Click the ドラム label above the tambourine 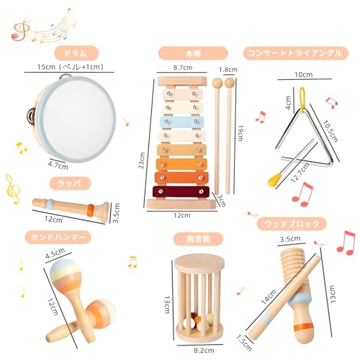76,53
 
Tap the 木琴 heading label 193,53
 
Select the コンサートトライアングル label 296,53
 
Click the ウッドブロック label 292,224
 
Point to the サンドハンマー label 58,238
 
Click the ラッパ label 71,184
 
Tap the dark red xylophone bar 181,192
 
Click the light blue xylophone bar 182,122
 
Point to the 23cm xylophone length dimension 142,160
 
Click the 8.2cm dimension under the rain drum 204,351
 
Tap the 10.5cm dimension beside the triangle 330,131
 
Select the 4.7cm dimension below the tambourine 58,165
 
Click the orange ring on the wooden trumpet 91,209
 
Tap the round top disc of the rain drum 199,264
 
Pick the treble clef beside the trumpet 12,189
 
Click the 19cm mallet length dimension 240,132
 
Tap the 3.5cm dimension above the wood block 290,239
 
